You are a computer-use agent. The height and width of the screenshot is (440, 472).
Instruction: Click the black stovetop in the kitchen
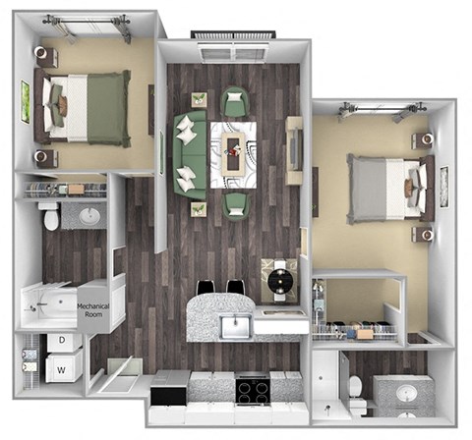251,391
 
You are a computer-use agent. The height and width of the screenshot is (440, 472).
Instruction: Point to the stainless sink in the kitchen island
236,325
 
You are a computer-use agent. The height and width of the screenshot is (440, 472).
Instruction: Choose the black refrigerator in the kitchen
170,396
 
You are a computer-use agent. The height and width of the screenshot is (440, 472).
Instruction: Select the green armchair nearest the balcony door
234,101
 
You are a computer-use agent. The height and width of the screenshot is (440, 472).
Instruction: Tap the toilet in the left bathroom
51,217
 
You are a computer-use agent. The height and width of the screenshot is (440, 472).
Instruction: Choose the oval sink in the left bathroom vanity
91,214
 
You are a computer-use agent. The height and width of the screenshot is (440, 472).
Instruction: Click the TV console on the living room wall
294,145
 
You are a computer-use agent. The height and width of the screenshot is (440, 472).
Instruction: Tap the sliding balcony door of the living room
233,47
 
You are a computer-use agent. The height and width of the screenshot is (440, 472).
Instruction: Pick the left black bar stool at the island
206,288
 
